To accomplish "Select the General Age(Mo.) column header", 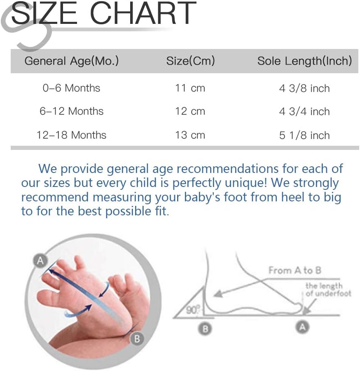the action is point(72,61).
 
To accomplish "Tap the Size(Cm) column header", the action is point(191,61).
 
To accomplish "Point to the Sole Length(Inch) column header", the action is point(305,61).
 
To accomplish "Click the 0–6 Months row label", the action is point(72,88).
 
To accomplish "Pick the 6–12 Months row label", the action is point(72,111).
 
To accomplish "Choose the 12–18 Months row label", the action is point(72,135).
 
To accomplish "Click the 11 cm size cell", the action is point(190,88).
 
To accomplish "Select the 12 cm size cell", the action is point(190,111).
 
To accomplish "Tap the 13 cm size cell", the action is point(190,135).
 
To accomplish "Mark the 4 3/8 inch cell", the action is point(304,88).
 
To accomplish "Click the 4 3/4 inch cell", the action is point(304,112).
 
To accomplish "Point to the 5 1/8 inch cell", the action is point(304,135).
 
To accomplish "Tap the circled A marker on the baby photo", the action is point(40,261).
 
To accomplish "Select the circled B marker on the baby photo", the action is point(137,338).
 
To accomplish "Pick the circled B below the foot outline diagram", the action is point(205,329).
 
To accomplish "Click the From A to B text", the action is point(295,270).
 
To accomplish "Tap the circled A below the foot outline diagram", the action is point(302,327).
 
